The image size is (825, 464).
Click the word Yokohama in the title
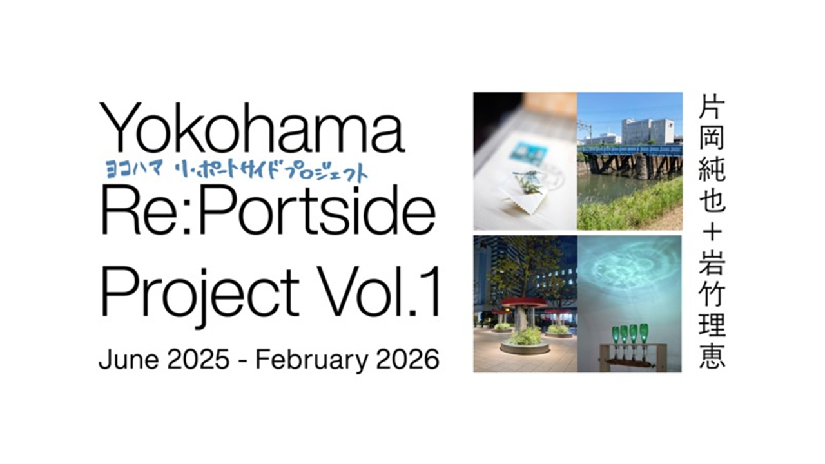coord(252,128)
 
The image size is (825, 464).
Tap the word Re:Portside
coord(267,210)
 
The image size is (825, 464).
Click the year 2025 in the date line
coord(198,360)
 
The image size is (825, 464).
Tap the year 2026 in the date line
coord(408,360)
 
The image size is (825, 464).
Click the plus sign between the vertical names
coord(712,233)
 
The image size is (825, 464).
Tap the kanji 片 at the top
coord(712,106)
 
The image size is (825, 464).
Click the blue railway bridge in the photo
coord(630,150)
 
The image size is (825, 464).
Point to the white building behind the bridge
coord(648,131)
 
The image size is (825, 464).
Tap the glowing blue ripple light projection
coord(628,272)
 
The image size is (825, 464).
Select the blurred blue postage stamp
coord(528,155)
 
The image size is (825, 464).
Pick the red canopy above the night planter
coord(524,303)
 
